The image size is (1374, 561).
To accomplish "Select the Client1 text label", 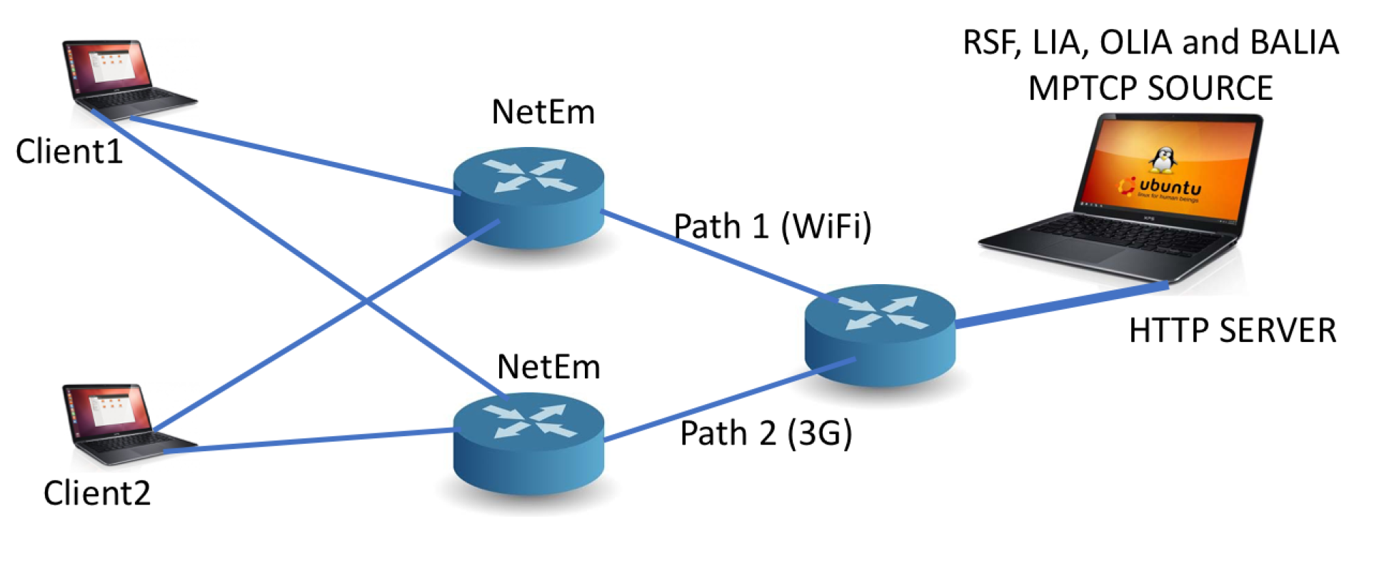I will point(69,152).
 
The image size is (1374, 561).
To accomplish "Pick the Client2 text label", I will point(96,493).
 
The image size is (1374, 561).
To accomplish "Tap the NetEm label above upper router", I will point(543,112).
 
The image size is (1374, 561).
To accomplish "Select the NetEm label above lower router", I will point(548,367).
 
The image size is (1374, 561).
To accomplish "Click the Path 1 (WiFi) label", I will point(773,227).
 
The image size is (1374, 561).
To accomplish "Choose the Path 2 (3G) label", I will point(766,433).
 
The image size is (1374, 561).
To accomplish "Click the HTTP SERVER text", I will point(1232,331).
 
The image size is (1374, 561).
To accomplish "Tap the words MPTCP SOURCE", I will point(1150,89).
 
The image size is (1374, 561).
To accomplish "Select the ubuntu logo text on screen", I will point(1170,187).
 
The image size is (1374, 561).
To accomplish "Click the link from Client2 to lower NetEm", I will point(307,440).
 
